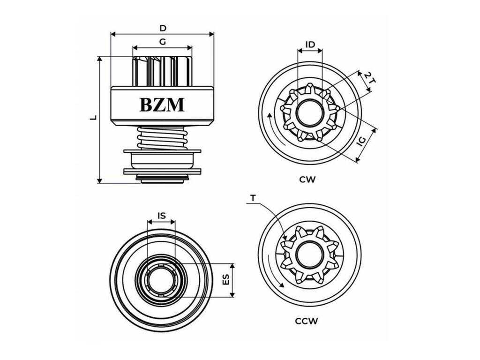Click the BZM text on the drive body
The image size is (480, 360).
point(162,105)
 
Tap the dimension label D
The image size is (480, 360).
point(163,29)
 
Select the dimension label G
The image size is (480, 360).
point(163,42)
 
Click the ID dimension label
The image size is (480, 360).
point(310,45)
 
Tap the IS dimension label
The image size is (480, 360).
point(161,216)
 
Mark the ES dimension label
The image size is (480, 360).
point(225,280)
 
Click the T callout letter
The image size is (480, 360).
point(253,198)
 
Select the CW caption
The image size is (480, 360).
point(307,180)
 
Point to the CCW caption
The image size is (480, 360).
point(307,321)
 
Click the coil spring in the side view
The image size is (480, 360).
point(162,138)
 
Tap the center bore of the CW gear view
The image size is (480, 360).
point(310,112)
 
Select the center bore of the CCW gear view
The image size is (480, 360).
point(309,253)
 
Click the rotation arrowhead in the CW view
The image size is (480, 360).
point(270,115)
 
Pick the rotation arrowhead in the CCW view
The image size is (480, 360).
point(282,285)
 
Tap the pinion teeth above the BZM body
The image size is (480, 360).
point(162,71)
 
